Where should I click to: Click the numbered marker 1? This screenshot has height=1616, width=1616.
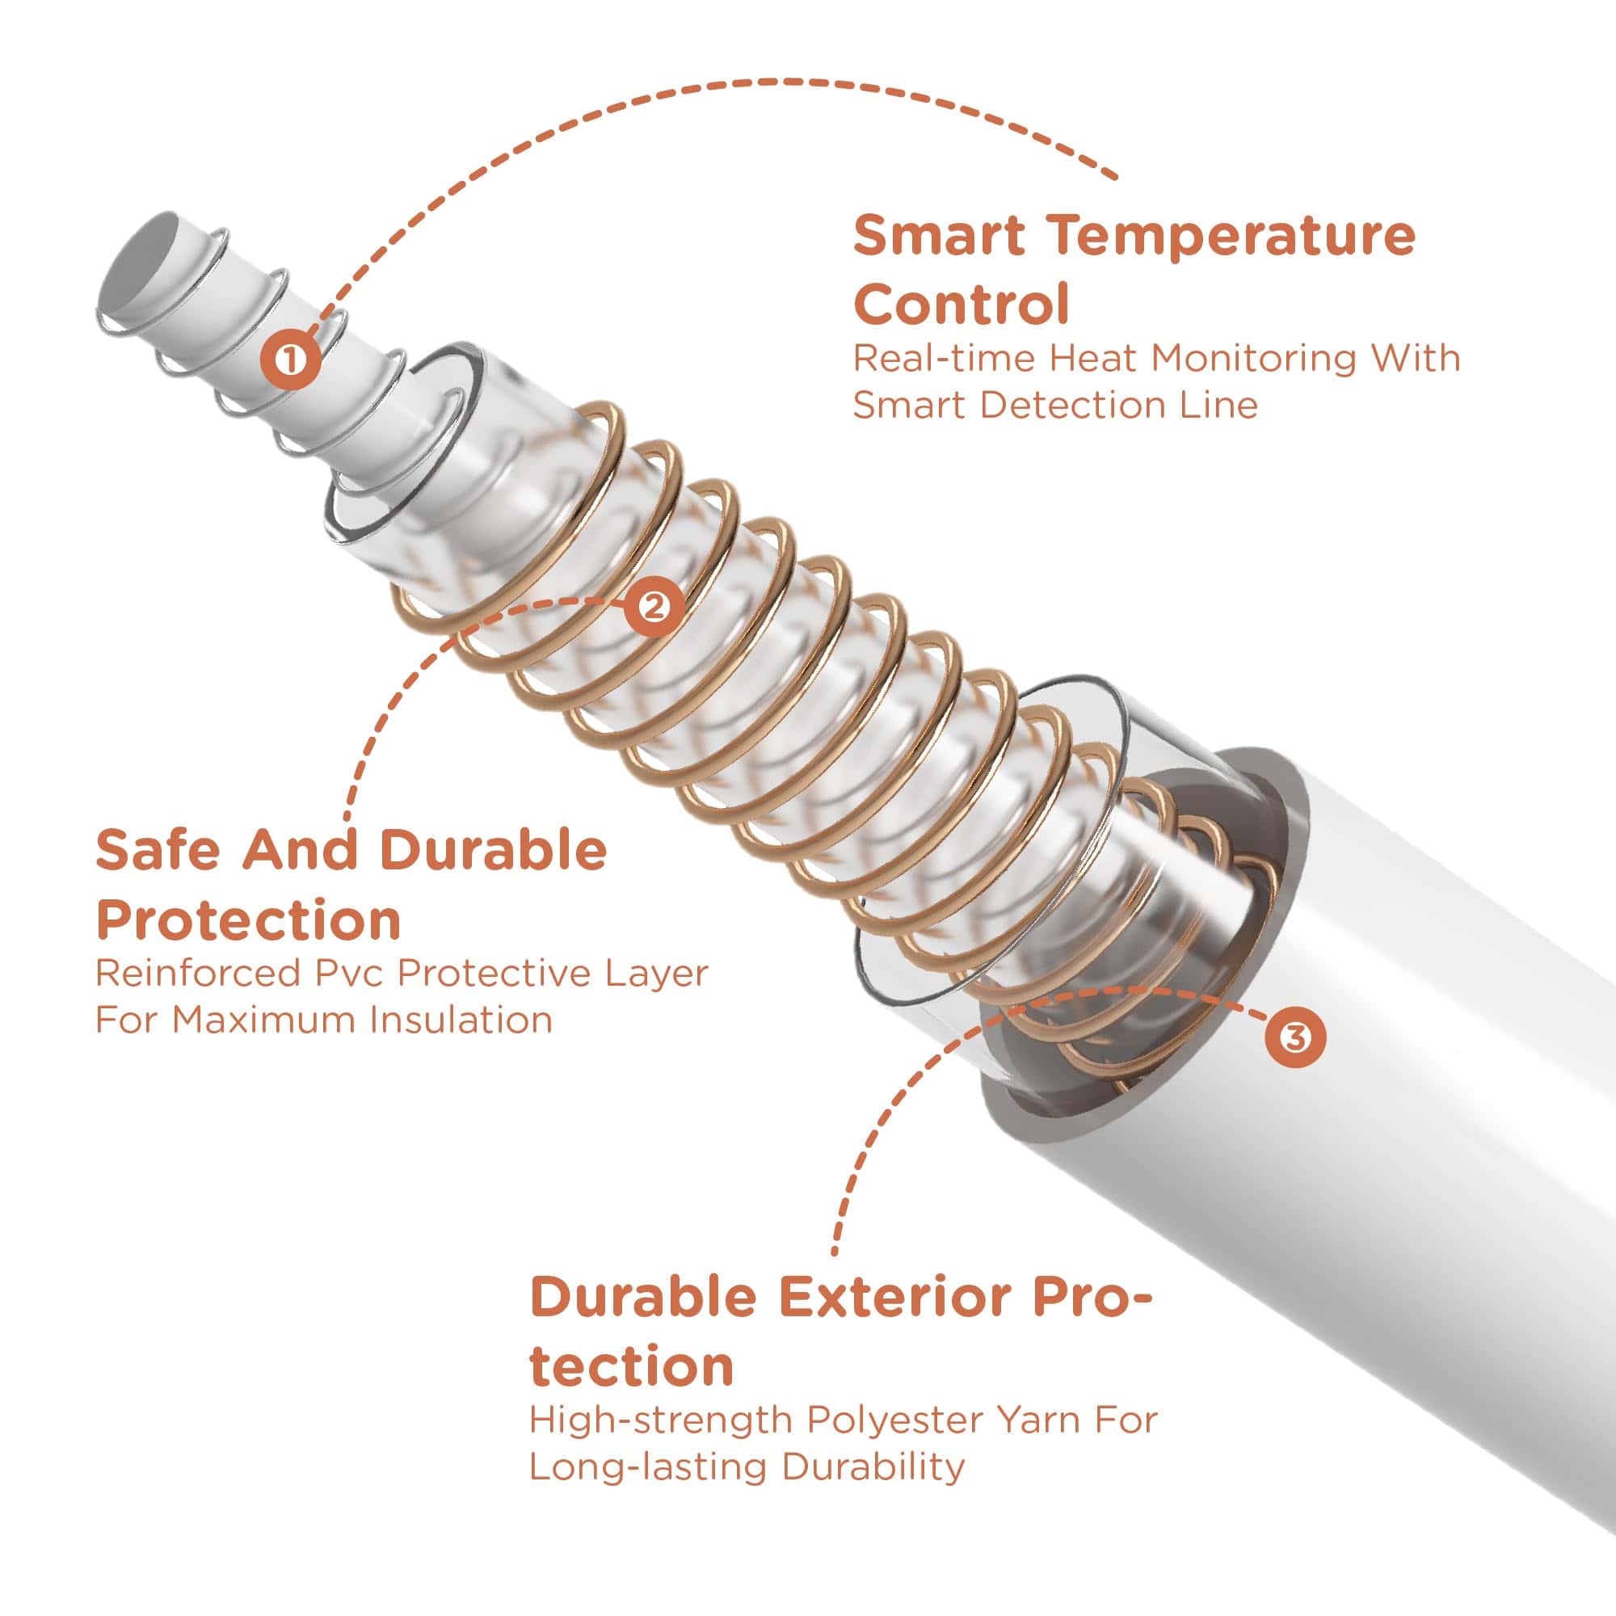pos(290,360)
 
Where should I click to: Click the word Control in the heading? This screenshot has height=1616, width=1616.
pos(962,305)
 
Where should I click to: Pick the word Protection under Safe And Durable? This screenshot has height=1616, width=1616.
pos(248,922)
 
